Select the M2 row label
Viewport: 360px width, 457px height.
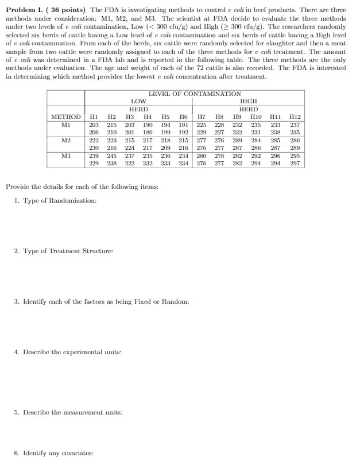coord(66,140)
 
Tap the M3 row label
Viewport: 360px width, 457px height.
coord(66,155)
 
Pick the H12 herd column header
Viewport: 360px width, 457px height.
coord(295,117)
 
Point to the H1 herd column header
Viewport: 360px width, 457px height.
coord(94,117)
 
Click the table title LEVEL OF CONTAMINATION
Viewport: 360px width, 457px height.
coord(194,94)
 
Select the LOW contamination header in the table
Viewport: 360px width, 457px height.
coord(138,101)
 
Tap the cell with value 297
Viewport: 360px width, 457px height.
coord(295,163)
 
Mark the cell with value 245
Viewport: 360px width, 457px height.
coord(112,155)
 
